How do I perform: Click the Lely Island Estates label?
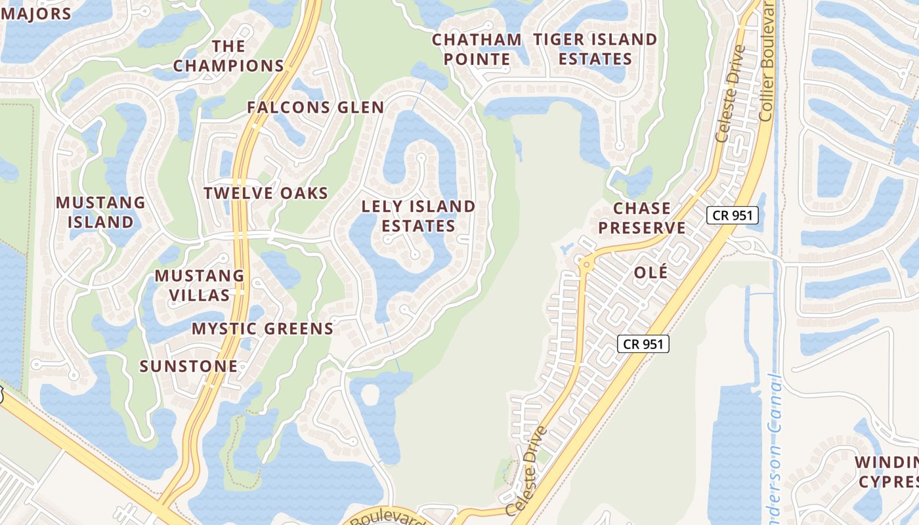(418, 216)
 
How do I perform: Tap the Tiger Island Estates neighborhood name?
(595, 49)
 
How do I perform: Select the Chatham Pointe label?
(477, 49)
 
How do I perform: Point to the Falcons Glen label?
(315, 108)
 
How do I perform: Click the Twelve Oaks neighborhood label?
(265, 193)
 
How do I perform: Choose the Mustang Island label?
(100, 212)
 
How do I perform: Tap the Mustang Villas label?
(200, 285)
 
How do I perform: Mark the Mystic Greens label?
(263, 328)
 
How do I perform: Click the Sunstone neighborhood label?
(188, 366)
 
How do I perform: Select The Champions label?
(228, 56)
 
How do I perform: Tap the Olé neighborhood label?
(651, 272)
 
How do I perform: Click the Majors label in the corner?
(35, 13)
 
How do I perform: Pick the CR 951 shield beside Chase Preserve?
(732, 215)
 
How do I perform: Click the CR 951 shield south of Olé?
(643, 343)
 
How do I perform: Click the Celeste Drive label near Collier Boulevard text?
(731, 93)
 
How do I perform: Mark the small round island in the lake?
(370, 394)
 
